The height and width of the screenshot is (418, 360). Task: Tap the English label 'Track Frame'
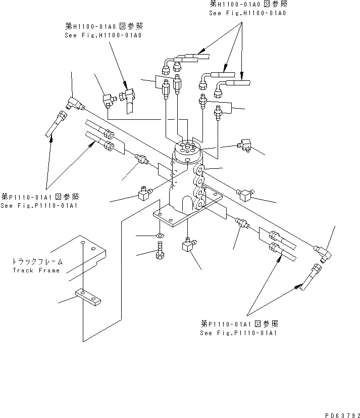[x=36, y=270]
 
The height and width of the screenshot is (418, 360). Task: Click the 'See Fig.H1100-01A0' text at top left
[x=104, y=35]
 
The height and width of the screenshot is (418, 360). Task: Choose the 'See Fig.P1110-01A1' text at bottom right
[x=239, y=333]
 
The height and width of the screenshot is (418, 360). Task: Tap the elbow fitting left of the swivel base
[x=145, y=194]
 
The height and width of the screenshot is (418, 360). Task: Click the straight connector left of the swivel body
[x=142, y=160]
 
